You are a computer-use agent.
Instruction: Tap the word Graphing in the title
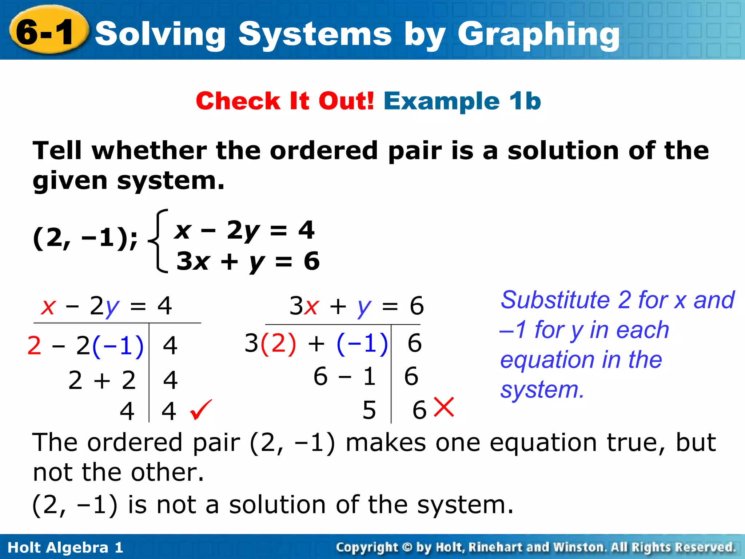[x=538, y=35]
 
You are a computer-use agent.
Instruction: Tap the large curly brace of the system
[x=159, y=241]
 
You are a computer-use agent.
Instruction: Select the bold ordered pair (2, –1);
[x=86, y=238]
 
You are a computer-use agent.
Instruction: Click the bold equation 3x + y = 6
[x=248, y=261]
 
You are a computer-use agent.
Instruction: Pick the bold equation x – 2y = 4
[x=244, y=230]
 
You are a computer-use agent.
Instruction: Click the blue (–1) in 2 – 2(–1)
[x=118, y=345]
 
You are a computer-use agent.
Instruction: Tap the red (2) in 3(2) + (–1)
[x=278, y=343]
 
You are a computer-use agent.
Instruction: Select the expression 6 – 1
[x=344, y=376]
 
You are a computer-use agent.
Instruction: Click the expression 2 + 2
[x=102, y=380]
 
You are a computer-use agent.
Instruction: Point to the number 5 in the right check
[x=369, y=410]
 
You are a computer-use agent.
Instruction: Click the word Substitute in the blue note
[x=555, y=300]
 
